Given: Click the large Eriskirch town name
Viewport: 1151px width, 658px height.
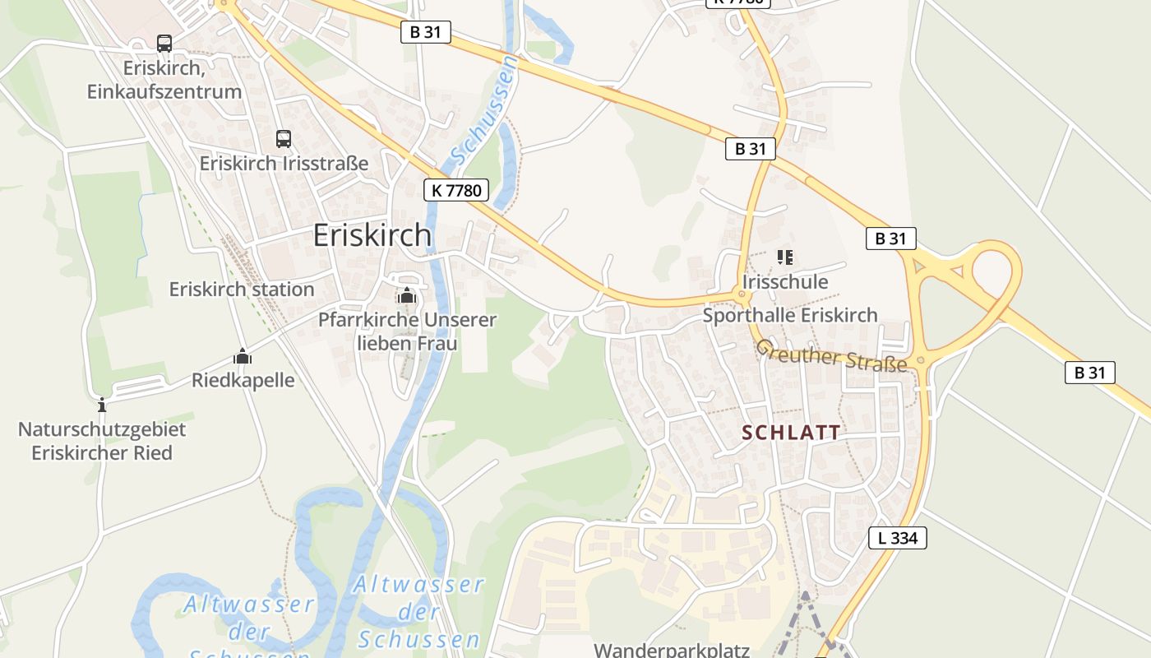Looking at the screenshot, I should [x=372, y=235].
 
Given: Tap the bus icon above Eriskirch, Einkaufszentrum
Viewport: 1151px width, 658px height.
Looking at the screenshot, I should [x=164, y=44].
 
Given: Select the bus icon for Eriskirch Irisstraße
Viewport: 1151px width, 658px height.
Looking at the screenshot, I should [x=284, y=138].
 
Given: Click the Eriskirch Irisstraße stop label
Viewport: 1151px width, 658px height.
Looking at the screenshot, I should [x=284, y=163].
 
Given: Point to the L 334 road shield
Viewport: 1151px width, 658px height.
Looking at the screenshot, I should [x=898, y=538].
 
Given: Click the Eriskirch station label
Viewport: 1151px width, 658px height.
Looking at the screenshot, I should [x=242, y=290].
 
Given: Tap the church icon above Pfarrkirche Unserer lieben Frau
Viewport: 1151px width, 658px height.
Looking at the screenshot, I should [x=406, y=296].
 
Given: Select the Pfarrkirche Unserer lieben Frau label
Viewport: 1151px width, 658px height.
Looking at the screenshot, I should [x=407, y=331].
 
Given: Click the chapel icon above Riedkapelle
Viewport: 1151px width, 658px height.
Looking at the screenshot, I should [x=243, y=357].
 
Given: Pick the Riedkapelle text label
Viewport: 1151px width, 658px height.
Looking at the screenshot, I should [x=243, y=381].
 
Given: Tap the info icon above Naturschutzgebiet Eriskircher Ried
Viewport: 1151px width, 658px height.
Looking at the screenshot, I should [x=102, y=405].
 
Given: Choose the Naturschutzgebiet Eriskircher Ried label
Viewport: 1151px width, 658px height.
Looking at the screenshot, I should [x=102, y=441].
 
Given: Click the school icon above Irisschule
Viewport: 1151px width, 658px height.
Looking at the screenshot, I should [x=784, y=258].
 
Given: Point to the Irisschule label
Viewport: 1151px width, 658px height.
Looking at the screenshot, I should [x=784, y=282].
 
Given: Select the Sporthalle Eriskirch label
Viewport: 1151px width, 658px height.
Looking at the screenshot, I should [x=790, y=315].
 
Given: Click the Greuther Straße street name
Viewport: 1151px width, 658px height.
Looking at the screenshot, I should [x=831, y=355].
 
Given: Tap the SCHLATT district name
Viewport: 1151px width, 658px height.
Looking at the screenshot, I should [x=791, y=433].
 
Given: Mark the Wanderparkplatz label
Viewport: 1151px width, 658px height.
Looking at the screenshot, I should [x=672, y=650].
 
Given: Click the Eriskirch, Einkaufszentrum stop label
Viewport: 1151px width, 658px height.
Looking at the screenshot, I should [x=164, y=79].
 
